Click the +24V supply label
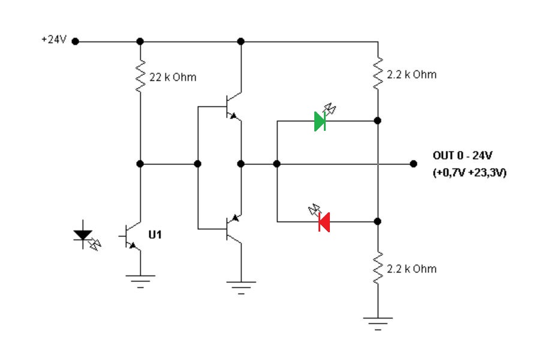[53, 40]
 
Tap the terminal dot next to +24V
[76, 41]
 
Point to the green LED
[320, 121]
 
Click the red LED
[324, 221]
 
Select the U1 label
[155, 235]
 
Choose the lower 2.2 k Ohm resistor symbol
[378, 268]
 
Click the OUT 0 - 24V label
[462, 156]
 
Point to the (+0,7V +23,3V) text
[469, 173]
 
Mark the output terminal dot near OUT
[413, 163]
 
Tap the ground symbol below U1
[140, 280]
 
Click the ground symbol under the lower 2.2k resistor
[378, 323]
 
